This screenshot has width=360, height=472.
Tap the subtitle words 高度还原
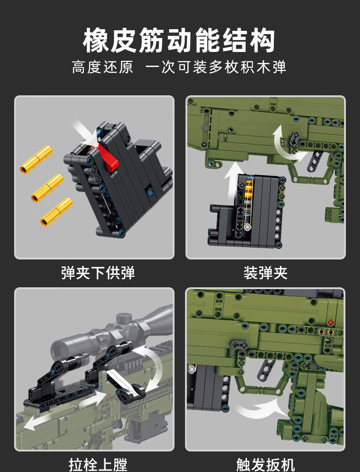103,67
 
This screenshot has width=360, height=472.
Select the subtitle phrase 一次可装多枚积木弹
216,67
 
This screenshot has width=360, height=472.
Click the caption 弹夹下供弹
98,273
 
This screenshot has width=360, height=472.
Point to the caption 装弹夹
265,273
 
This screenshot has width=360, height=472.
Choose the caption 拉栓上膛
98,464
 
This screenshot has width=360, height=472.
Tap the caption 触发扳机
265,464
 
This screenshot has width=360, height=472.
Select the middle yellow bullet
47,188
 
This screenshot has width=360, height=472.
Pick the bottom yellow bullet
57,213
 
